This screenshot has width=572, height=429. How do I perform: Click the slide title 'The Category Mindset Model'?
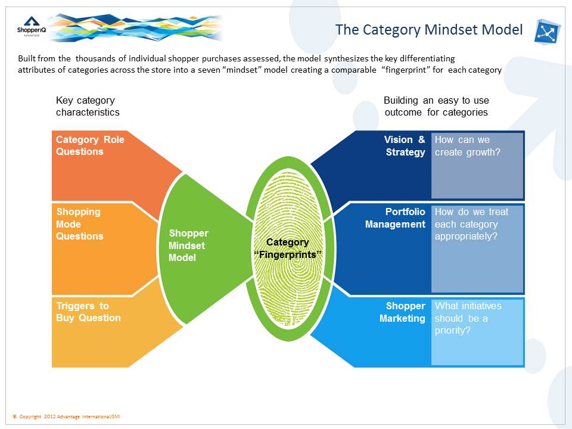click(x=428, y=30)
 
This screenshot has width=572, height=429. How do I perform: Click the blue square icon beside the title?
click(x=548, y=32)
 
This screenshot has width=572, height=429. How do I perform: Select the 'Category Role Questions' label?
click(x=90, y=145)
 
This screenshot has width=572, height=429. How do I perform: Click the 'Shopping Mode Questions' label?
click(x=79, y=224)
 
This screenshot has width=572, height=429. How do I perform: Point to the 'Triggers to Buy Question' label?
click(x=88, y=312)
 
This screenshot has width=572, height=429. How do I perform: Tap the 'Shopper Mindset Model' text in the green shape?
click(x=188, y=245)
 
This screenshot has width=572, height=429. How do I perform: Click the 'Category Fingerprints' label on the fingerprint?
click(x=287, y=248)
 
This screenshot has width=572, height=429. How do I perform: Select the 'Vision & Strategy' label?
click(x=405, y=146)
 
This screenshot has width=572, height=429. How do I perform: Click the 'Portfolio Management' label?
click(x=396, y=218)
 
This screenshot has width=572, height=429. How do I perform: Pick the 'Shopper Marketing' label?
click(x=403, y=312)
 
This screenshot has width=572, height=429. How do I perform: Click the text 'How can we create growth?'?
click(x=468, y=146)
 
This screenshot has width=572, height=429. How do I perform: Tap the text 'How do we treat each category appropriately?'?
click(x=471, y=223)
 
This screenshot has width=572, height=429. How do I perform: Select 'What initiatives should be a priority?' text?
click(x=468, y=318)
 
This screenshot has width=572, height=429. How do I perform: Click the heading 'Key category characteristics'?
click(x=88, y=106)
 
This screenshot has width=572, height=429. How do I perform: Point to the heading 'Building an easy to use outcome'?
click(x=436, y=106)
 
